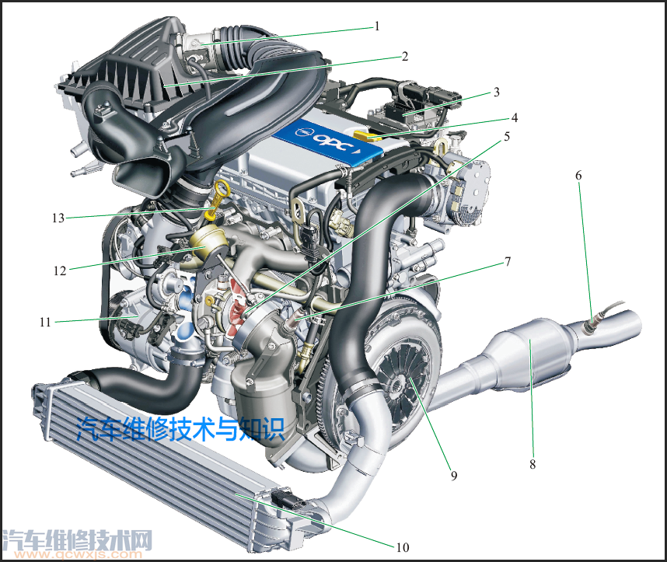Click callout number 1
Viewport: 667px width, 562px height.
point(377,26)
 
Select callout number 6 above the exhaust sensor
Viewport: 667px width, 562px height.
point(578,175)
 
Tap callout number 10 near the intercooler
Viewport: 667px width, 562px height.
point(403,547)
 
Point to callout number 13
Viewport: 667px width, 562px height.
point(58,218)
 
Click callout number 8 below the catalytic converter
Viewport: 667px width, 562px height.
point(533,464)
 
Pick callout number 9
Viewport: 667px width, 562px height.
point(454,476)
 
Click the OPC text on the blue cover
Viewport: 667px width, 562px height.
point(333,141)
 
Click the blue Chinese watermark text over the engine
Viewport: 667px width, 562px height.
point(181,428)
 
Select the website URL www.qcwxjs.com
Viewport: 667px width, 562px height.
point(78,554)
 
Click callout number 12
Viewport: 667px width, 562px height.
point(60,271)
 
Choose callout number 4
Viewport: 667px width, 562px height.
point(515,118)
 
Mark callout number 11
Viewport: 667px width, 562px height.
point(45,322)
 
